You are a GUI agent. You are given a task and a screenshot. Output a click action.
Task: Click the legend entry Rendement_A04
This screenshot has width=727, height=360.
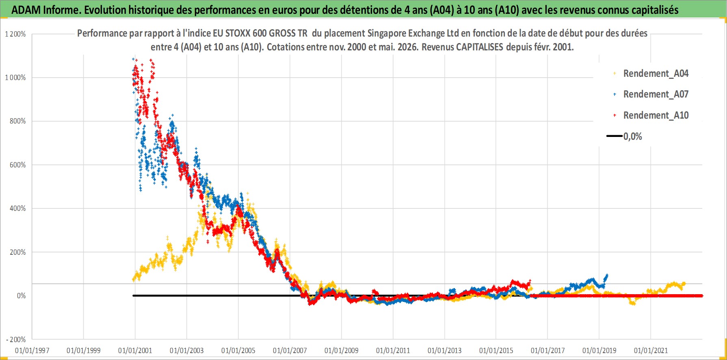(x=656, y=74)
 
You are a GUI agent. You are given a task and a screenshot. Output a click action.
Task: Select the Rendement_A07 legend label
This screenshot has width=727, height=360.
(x=656, y=94)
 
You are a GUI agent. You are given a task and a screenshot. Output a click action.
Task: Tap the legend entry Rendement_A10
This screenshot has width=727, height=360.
(x=656, y=115)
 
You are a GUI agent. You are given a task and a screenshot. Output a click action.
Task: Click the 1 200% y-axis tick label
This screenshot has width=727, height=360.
(x=15, y=34)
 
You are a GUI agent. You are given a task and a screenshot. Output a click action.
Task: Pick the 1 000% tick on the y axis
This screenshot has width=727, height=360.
(x=15, y=78)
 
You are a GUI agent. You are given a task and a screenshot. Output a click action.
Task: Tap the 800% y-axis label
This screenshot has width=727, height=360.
(x=18, y=121)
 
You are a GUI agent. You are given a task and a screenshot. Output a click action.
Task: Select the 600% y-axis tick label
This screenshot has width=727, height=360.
(x=18, y=165)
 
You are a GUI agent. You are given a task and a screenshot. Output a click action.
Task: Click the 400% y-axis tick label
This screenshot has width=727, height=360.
(x=18, y=208)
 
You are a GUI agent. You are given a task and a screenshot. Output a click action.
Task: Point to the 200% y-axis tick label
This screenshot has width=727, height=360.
(x=18, y=252)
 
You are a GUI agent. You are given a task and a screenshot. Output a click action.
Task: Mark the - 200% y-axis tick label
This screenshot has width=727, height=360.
(x=16, y=340)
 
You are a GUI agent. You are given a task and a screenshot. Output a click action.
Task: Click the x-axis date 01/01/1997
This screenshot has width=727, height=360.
(x=32, y=351)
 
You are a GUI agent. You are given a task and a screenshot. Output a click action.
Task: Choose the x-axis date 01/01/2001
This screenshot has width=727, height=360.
(x=135, y=351)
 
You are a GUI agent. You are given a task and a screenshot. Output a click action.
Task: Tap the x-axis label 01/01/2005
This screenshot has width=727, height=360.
(x=238, y=351)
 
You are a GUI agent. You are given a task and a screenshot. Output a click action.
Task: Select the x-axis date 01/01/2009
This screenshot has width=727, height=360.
(x=342, y=351)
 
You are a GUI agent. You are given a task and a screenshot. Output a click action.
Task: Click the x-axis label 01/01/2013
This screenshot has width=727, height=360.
(x=445, y=351)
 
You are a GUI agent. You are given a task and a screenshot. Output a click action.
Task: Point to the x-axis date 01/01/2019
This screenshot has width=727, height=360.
(x=599, y=351)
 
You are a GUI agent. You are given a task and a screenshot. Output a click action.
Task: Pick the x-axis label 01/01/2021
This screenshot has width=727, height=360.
(x=651, y=351)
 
